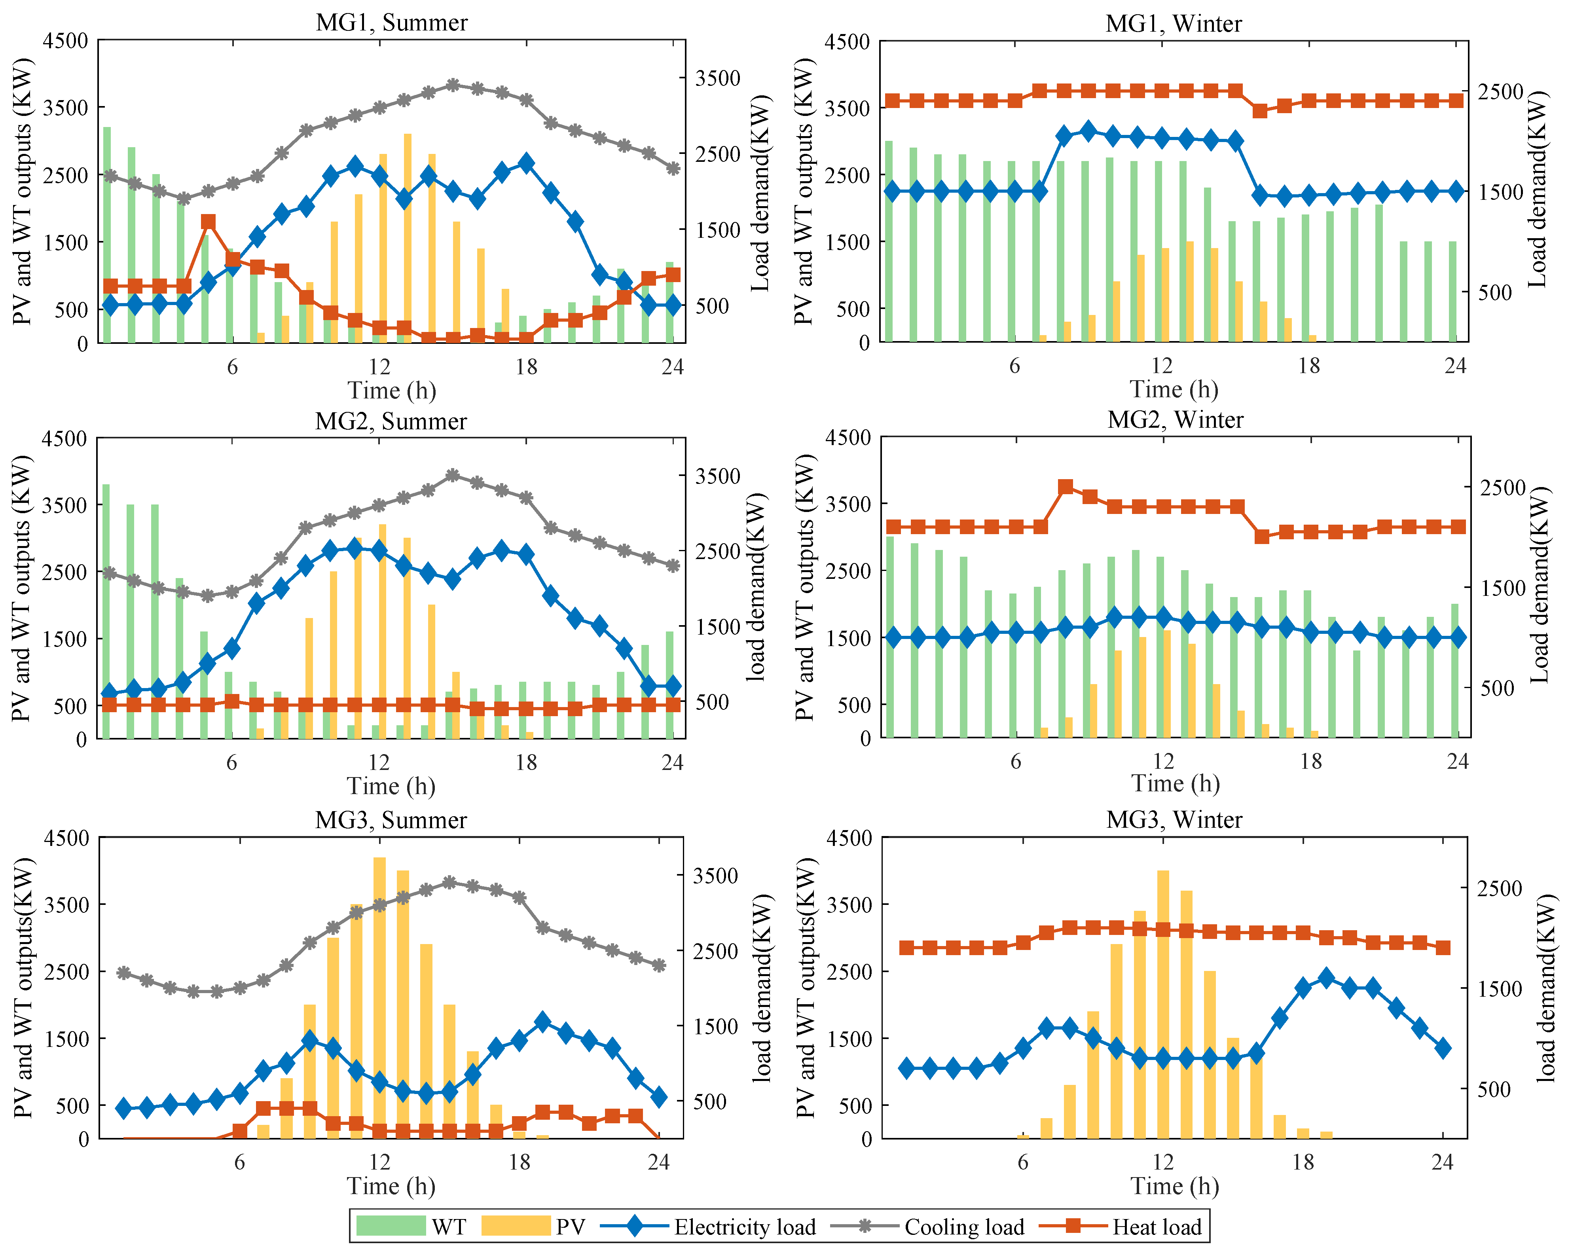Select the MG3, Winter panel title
(1174, 820)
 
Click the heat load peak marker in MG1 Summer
(208, 222)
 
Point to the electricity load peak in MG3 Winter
(1326, 978)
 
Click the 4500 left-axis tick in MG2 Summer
(66, 438)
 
